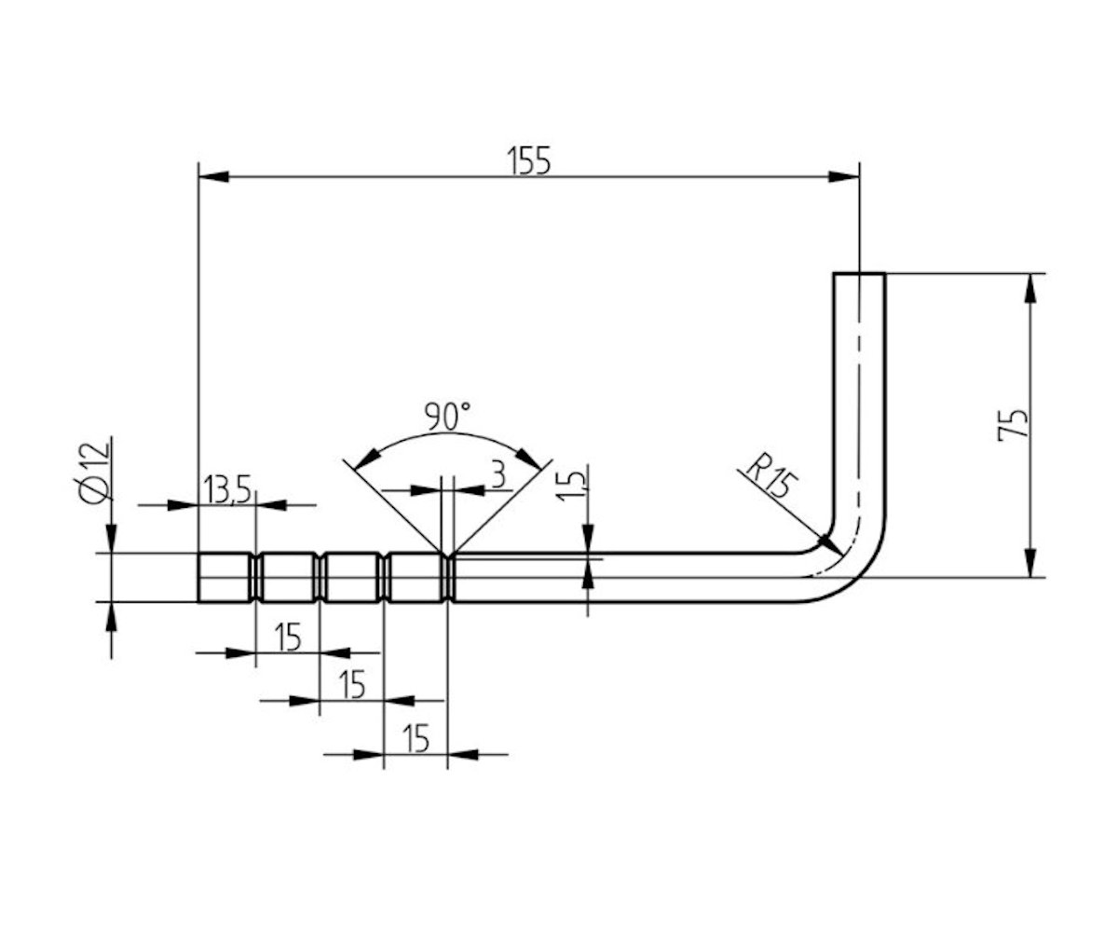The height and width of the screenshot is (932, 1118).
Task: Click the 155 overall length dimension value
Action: click(x=529, y=160)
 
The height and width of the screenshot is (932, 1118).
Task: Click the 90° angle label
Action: click(x=447, y=415)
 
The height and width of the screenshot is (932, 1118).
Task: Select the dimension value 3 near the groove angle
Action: click(x=498, y=476)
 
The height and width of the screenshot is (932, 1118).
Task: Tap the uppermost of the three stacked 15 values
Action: click(x=287, y=637)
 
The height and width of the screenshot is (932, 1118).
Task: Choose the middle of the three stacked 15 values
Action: click(x=351, y=685)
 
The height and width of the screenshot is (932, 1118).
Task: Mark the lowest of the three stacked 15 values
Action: click(x=416, y=738)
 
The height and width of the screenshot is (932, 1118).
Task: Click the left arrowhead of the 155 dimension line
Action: click(x=212, y=176)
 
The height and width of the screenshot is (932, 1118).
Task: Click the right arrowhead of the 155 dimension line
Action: click(x=844, y=176)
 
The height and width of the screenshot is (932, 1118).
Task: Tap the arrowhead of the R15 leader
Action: click(x=824, y=538)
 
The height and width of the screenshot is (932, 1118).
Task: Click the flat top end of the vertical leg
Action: click(x=859, y=273)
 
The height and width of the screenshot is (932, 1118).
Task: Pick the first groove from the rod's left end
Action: click(x=256, y=578)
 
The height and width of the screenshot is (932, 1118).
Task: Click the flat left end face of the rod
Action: click(x=199, y=578)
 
